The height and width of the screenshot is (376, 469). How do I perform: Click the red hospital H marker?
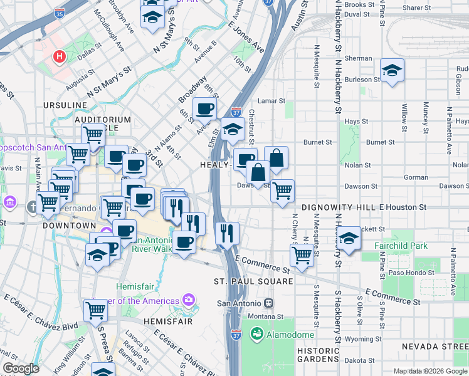coord(60,57)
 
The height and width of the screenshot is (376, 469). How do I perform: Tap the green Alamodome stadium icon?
coord(256,334)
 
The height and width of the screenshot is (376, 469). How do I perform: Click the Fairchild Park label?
coord(402,246)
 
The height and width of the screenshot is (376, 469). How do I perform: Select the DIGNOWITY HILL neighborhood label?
coord(339,207)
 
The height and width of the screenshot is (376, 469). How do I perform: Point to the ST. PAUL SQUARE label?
coord(253,281)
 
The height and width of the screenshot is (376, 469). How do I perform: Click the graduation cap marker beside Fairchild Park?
coord(349,238)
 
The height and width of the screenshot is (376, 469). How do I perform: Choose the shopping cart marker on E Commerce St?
coord(302,255)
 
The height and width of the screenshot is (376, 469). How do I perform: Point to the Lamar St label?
coord(272,100)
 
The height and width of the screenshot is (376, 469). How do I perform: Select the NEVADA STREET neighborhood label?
coord(435,347)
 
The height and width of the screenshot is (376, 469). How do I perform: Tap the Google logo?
coord(21,368)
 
